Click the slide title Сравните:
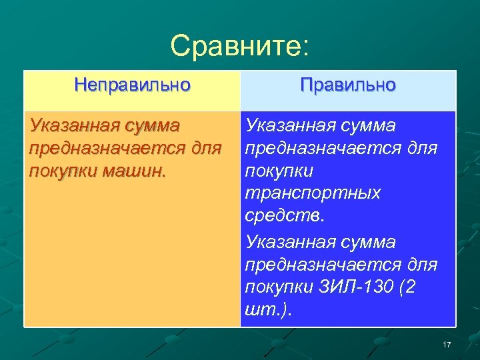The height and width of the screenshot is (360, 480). pyautogui.click(x=239, y=46)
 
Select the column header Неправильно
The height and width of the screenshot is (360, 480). pyautogui.click(x=132, y=85)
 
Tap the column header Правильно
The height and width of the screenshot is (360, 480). pyautogui.click(x=347, y=85)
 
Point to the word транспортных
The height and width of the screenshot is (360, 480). pyautogui.click(x=313, y=193)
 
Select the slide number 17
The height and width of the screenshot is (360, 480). pyautogui.click(x=447, y=344)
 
